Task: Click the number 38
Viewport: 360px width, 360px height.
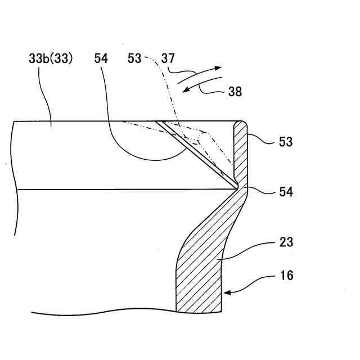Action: [235, 92]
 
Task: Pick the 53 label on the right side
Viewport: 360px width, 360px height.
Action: [285, 142]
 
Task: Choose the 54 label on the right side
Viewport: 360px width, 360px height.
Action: [285, 192]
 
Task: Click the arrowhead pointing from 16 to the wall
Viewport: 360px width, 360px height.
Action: [225, 292]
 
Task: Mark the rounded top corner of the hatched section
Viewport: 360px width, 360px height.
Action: [243, 122]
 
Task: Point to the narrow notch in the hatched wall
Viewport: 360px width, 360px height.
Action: [238, 184]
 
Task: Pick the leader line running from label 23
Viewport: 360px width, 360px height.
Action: [247, 251]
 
